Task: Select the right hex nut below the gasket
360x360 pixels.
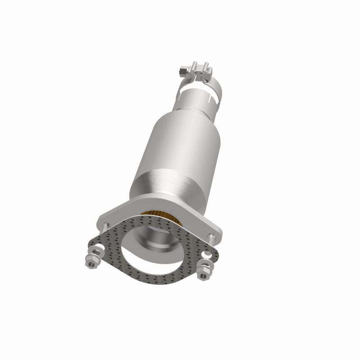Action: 207,271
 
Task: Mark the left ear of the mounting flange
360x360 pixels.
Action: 106,220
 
